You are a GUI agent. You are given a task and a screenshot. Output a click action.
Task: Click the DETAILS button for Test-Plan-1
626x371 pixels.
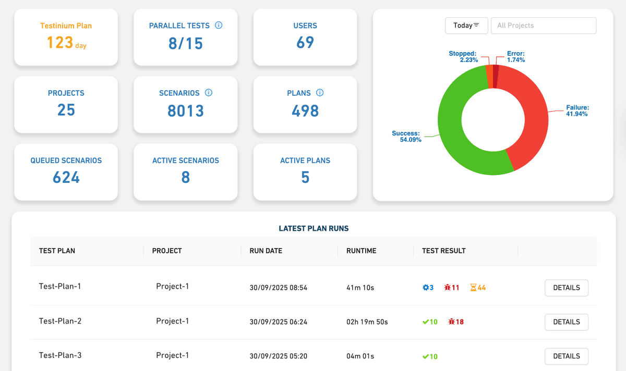(566, 288)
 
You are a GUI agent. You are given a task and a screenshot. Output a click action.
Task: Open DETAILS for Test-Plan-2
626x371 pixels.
(566, 322)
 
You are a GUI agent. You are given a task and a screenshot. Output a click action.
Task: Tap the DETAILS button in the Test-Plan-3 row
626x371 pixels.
(566, 356)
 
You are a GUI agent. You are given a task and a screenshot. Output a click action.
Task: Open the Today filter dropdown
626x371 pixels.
(466, 26)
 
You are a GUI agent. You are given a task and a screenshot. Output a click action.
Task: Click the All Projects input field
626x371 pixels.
(543, 26)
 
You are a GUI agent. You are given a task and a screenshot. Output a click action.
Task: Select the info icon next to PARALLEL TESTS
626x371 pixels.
(219, 25)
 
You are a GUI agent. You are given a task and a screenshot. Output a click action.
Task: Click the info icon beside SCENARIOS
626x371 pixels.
(209, 93)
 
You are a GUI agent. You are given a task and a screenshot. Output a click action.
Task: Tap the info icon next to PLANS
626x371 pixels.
(320, 93)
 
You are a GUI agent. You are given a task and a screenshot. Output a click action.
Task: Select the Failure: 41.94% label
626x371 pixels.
(577, 110)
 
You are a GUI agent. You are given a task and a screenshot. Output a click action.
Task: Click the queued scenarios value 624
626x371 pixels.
(66, 178)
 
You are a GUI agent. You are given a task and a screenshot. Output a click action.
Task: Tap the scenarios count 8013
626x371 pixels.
(186, 111)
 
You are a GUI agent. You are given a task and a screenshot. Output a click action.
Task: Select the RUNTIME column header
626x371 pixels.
(361, 251)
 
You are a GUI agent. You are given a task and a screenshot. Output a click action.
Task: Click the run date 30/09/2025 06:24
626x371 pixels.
(278, 322)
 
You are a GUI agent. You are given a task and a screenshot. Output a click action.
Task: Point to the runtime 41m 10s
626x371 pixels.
(360, 288)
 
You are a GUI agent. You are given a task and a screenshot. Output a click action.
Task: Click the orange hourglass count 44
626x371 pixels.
(478, 288)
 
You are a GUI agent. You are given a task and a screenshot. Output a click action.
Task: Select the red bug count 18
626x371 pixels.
(456, 322)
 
